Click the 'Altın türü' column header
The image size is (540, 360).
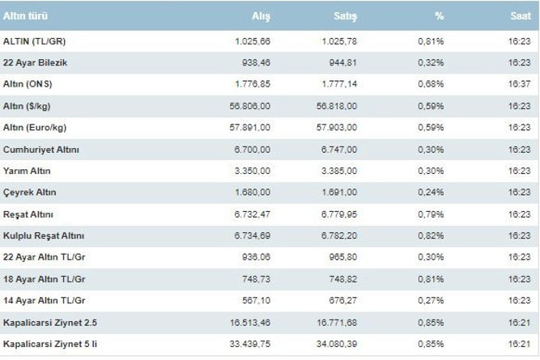tap(25, 16)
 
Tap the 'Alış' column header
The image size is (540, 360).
tap(261, 16)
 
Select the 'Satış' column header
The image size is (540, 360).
tap(346, 16)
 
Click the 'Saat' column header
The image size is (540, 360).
tap(521, 16)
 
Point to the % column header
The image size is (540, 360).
tap(439, 16)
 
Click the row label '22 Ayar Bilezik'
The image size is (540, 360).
tap(35, 63)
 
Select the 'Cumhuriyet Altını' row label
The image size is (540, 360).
tap(41, 150)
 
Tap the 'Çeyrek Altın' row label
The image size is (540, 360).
tap(30, 193)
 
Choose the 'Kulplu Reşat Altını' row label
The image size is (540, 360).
tap(44, 235)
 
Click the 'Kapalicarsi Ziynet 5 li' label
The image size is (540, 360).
tap(50, 344)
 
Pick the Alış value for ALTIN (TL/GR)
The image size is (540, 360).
tap(253, 41)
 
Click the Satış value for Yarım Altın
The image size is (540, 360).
tap(339, 171)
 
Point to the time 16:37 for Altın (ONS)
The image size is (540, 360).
tap(519, 84)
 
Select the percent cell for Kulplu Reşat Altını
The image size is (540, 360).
tap(431, 235)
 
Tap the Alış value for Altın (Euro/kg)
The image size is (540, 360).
tap(250, 128)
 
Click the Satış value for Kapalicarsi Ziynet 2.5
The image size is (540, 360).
tap(337, 323)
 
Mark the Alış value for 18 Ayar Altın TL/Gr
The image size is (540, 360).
tap(256, 279)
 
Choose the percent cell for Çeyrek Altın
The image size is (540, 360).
tap(431, 193)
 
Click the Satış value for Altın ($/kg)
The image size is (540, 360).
tap(337, 106)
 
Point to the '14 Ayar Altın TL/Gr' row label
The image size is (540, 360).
tap(44, 300)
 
